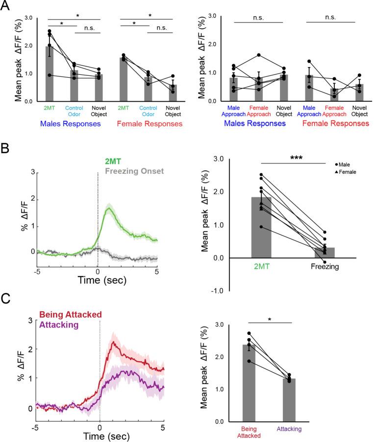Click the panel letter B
pos(6,147)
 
